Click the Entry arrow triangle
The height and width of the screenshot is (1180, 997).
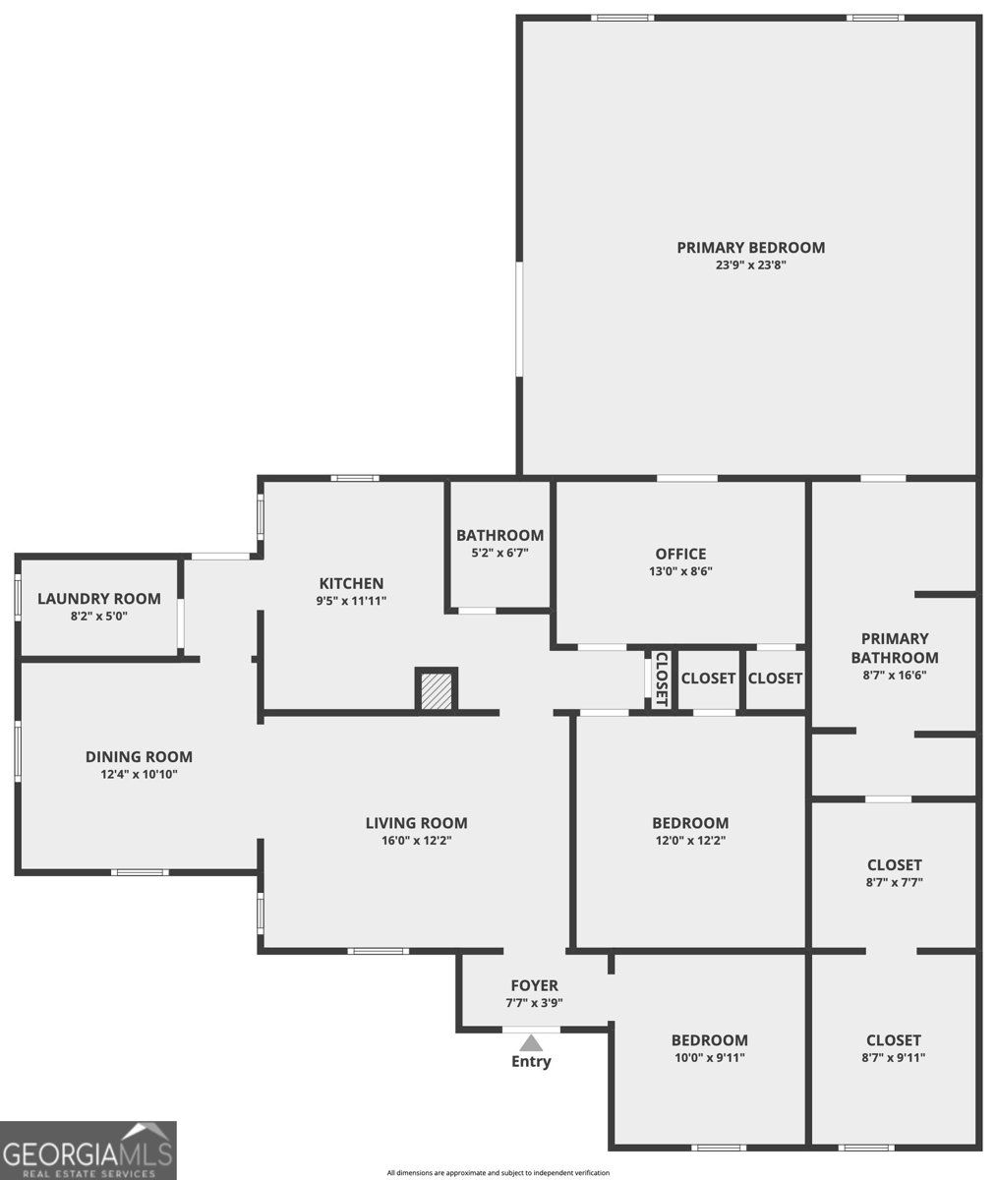(531, 1042)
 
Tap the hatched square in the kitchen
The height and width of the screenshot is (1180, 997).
(437, 690)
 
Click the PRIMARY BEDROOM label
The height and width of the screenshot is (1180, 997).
(750, 248)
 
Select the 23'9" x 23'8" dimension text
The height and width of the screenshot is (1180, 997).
(750, 265)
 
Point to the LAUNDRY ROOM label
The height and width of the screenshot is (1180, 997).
(99, 599)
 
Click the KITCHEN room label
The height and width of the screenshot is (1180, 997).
(351, 583)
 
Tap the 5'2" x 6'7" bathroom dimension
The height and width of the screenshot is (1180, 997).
(499, 553)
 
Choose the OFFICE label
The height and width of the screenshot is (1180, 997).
(680, 554)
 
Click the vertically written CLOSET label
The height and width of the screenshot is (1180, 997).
(662, 678)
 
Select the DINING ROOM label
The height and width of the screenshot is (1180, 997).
(139, 757)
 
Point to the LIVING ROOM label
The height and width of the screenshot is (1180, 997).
(417, 823)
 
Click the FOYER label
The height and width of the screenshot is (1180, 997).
(534, 985)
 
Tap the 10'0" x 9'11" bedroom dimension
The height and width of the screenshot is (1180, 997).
(709, 1057)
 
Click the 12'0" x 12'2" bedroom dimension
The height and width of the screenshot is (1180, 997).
(690, 841)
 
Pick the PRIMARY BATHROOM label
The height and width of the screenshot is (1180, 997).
(895, 648)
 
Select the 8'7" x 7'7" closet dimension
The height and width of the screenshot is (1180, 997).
(894, 882)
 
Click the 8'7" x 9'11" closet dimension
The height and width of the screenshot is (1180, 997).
(894, 1057)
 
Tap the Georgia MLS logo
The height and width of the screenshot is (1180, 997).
(88, 1150)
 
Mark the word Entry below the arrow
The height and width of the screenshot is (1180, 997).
(531, 1062)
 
